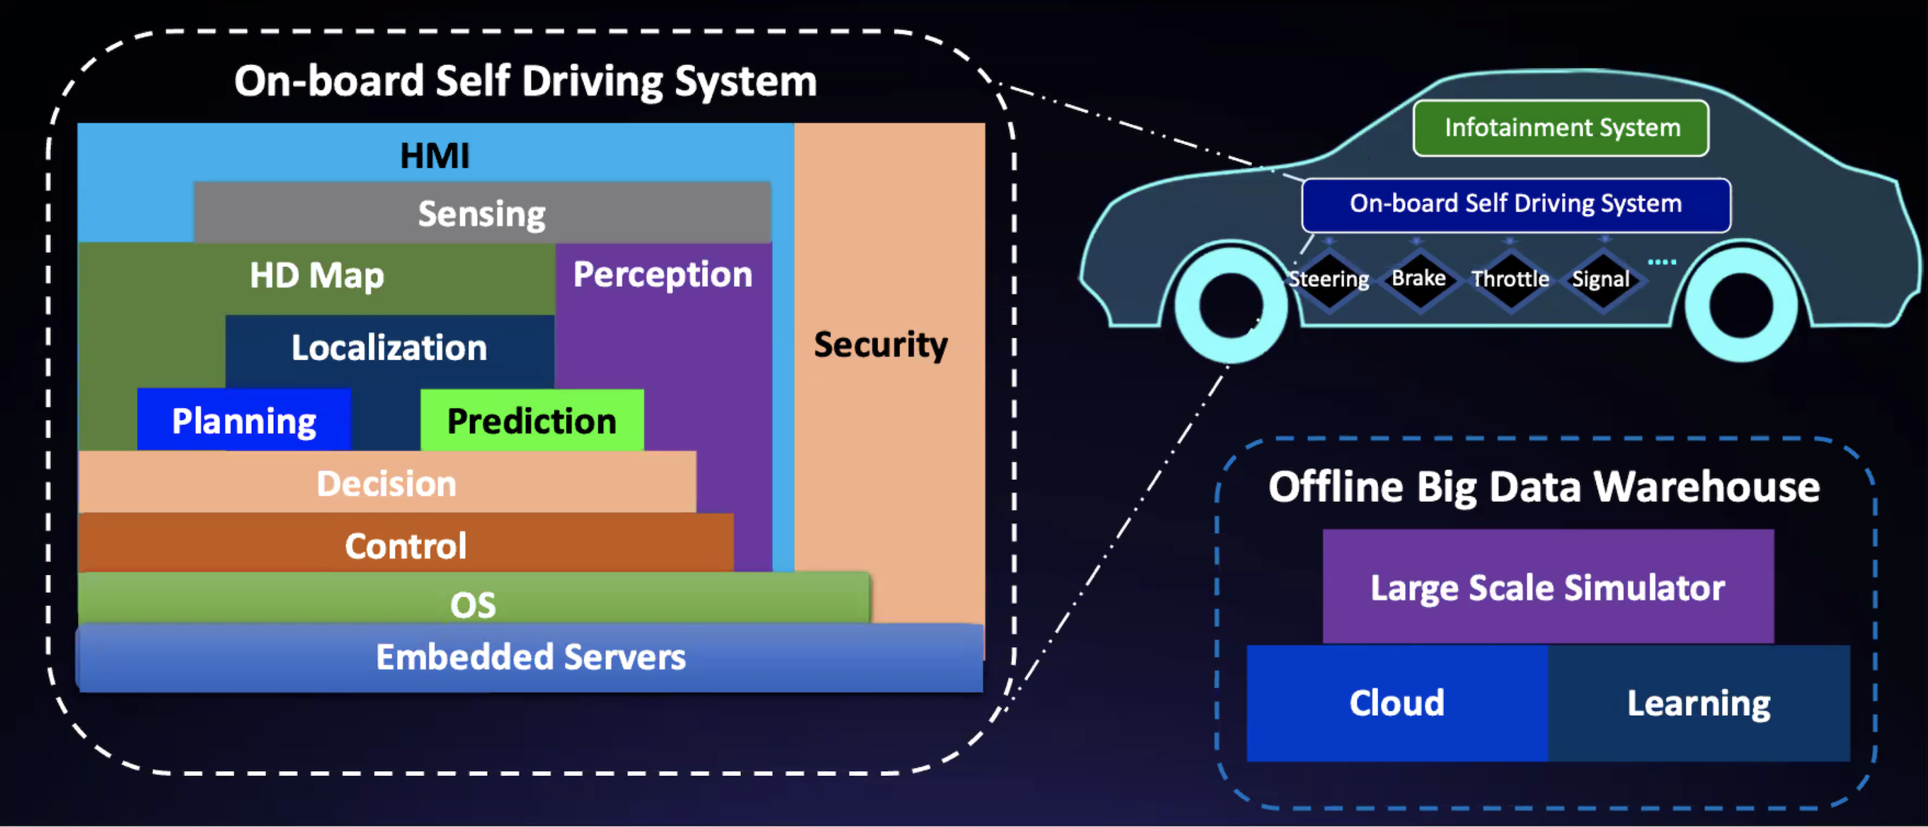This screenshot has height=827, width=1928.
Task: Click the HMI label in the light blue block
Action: pos(434,156)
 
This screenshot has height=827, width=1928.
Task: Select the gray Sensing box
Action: pos(482,213)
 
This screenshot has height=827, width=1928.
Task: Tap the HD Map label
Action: pos(316,275)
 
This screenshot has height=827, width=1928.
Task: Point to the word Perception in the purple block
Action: pos(662,274)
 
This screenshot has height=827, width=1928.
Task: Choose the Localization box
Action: pos(389,348)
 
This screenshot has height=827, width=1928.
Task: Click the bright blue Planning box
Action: pos(244,421)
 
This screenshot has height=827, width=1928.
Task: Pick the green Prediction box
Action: pos(532,421)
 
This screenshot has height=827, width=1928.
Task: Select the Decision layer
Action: pos(386,484)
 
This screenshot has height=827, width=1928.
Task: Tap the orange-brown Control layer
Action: pos(406,545)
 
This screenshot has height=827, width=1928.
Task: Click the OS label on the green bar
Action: pos(473,604)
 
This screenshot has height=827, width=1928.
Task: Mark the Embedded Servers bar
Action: pos(530,657)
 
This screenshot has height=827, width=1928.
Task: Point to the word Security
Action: pos(880,345)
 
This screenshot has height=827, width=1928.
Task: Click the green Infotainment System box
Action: pos(1561,128)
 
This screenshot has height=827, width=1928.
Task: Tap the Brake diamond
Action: pos(1419,278)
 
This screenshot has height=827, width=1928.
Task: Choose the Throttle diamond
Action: pos(1510,279)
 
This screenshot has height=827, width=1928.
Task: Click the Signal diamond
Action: pos(1601,279)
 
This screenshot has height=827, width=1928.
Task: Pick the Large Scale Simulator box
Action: pos(1548,588)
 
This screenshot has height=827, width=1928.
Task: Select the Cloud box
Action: pos(1396,704)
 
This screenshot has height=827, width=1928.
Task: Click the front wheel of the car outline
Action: pos(1229,305)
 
